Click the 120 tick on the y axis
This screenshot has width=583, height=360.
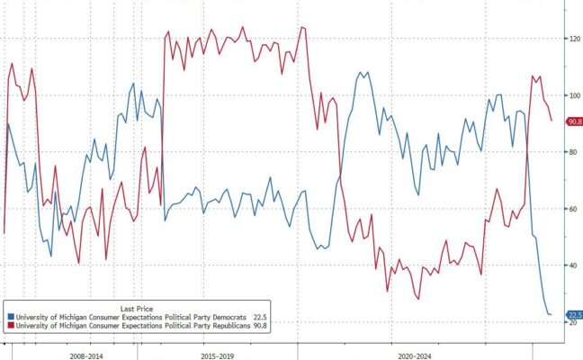(572, 39)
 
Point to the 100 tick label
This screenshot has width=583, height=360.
(572, 94)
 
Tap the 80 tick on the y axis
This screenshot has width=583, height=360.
(572, 152)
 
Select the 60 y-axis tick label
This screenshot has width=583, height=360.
(572, 209)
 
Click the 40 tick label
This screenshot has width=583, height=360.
(572, 265)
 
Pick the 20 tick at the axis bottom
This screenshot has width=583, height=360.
(572, 323)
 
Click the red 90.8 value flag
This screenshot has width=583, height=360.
(573, 121)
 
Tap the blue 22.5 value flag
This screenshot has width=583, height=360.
(573, 314)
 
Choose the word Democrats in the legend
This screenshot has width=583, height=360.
(218, 317)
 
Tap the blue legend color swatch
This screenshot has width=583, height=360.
(10, 317)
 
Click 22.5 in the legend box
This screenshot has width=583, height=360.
(260, 317)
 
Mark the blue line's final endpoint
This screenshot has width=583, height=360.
(552, 314)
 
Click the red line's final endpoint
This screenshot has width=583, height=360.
(552, 121)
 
